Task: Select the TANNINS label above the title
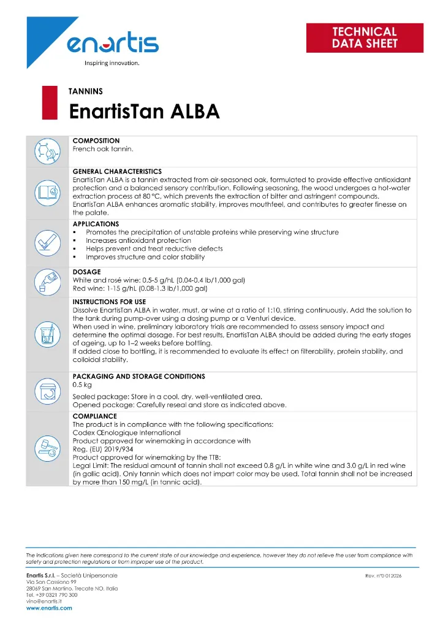pyautogui.click(x=85, y=91)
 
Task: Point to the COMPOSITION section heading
pyautogui.click(x=96, y=140)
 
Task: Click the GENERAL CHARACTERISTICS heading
pyautogui.click(x=117, y=171)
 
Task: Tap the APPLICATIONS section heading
pyautogui.click(x=96, y=224)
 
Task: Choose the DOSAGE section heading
pyautogui.click(x=86, y=272)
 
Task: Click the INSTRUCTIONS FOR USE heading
pyautogui.click(x=109, y=302)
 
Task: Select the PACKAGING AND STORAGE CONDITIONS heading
pyautogui.click(x=139, y=375)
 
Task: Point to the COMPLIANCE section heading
pyautogui.click(x=95, y=415)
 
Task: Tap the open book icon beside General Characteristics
pyautogui.click(x=47, y=193)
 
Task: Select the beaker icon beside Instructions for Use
pyautogui.click(x=47, y=334)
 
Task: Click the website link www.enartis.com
pyautogui.click(x=49, y=608)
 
